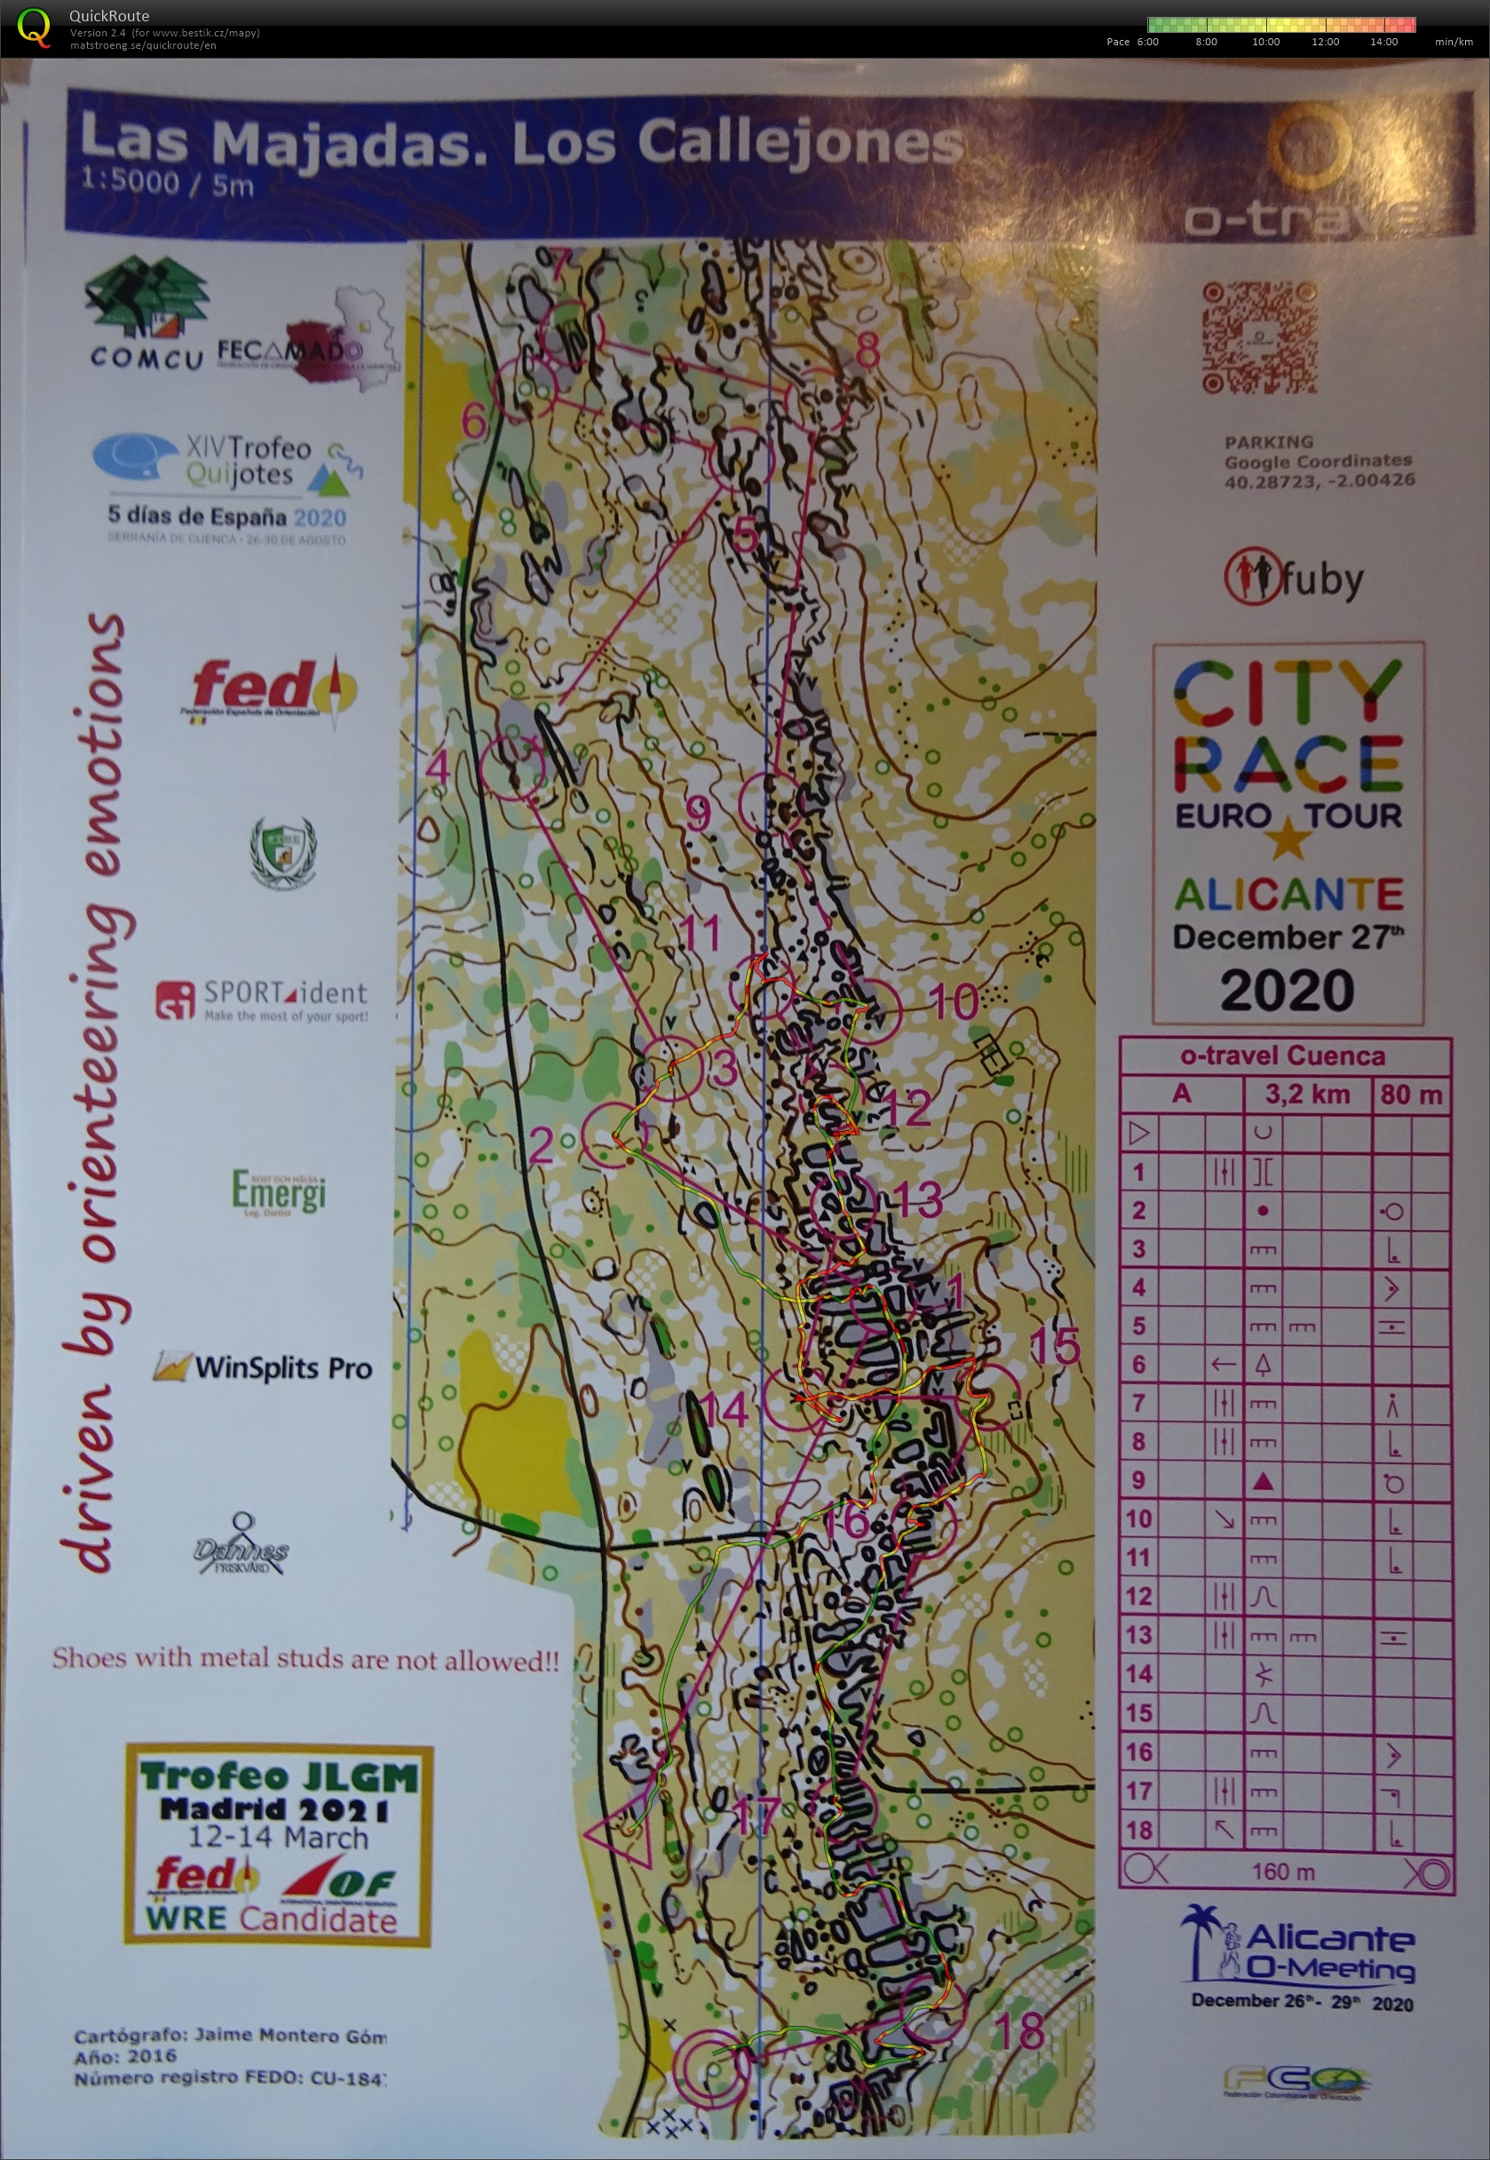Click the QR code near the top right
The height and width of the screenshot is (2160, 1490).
[1258, 337]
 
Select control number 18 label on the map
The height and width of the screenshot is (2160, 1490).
[1019, 2030]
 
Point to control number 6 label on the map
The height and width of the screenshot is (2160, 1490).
[474, 421]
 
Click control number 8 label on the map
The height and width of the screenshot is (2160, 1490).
[868, 350]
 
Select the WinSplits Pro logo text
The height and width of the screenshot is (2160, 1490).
[283, 1367]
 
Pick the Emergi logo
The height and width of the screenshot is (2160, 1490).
[279, 1193]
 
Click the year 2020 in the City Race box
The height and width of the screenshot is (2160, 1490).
[1287, 991]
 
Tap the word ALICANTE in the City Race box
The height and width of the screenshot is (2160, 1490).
[1288, 894]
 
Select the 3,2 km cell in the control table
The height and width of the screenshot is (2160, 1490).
[1307, 1093]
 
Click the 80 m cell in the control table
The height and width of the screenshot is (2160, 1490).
[1410, 1093]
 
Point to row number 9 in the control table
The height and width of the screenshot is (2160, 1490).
[1138, 1481]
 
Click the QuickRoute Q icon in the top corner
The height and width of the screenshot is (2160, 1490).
[35, 26]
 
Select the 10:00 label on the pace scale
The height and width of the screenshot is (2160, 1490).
[1265, 42]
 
